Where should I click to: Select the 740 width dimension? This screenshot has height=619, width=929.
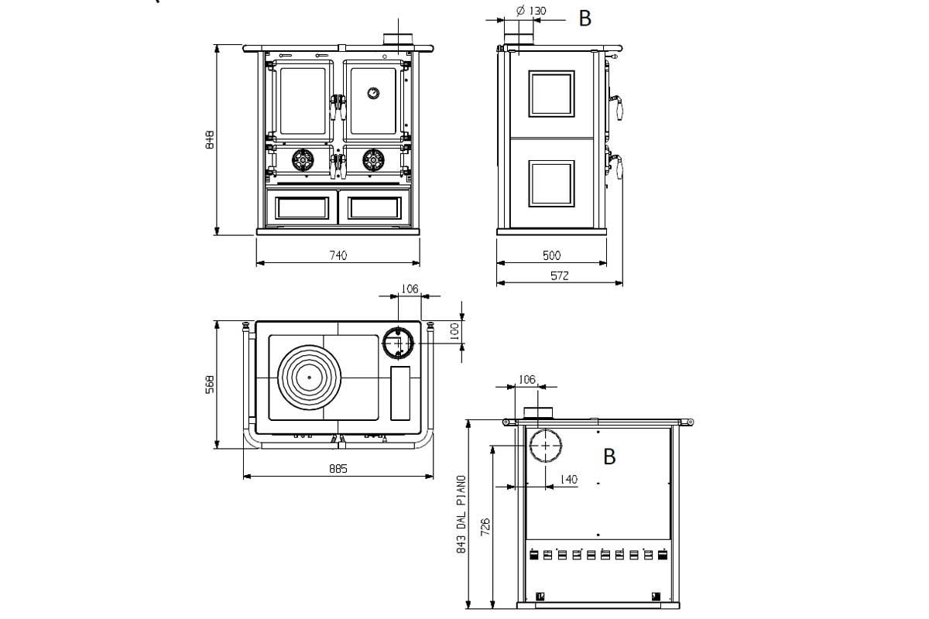coord(338,255)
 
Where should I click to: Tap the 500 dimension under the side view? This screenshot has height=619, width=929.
coord(551,255)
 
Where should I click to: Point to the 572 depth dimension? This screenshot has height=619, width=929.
coord(560,276)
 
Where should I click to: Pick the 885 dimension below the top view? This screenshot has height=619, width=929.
coord(338,468)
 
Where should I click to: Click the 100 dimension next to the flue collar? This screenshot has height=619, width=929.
coord(455,331)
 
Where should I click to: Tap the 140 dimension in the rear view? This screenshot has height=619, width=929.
coord(567,480)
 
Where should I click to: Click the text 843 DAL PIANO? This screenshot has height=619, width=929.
coord(461,513)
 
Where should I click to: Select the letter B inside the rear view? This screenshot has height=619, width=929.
coord(609,457)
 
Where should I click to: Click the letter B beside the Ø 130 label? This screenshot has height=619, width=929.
coord(585,19)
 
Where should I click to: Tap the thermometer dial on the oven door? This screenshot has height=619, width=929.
coord(373,93)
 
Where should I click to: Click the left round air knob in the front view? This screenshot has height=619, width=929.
coord(301,159)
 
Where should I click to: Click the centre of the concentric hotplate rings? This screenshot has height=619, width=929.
coord(308,377)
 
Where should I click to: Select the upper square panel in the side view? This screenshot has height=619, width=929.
coord(551,94)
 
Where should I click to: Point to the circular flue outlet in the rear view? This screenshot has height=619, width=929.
coord(546,446)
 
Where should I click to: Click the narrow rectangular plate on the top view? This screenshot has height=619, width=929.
coord(400,392)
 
